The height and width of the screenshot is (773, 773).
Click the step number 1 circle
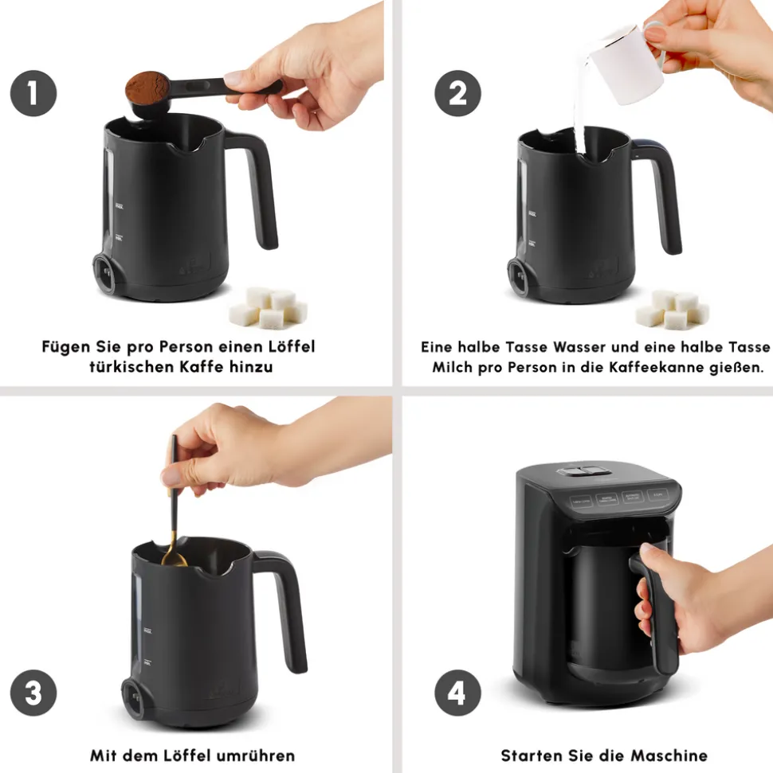33,93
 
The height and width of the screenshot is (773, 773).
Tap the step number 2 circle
457,93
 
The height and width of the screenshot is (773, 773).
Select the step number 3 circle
33,693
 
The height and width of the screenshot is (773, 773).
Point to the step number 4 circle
457,693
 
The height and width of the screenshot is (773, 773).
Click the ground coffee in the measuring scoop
147,87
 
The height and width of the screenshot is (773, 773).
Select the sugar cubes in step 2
673,310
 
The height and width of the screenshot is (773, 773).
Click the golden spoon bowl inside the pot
174,558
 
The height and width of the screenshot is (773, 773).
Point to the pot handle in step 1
257,187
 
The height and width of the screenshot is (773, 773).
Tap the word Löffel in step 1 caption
291,346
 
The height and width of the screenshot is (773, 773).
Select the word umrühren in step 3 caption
256,755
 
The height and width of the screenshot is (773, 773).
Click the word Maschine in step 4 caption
669,755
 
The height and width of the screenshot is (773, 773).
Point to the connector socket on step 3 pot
133,699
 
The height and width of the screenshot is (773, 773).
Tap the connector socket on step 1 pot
104,273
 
